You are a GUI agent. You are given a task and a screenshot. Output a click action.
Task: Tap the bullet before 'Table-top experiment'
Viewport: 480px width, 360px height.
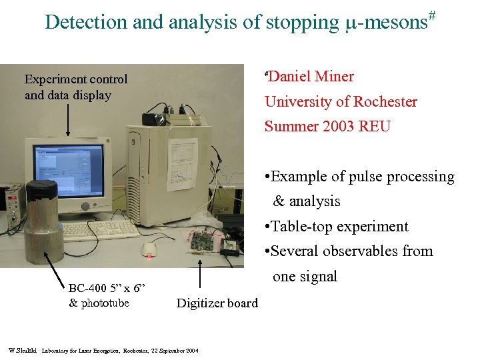click(x=267, y=227)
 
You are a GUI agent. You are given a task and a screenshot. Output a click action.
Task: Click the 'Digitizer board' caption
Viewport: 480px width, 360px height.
click(x=217, y=303)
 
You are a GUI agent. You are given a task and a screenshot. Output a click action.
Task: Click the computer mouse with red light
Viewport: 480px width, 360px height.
click(x=150, y=249)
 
